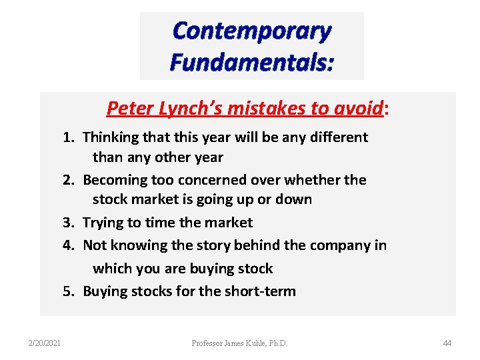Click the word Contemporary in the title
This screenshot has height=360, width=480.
pos(251,31)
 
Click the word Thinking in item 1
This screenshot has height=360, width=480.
pos(110,137)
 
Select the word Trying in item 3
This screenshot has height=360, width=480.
pos(103,223)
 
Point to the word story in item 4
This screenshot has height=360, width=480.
pos(213,245)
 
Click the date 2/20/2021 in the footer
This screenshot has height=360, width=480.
pos(45,343)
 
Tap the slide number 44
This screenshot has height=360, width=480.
pos(447,343)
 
